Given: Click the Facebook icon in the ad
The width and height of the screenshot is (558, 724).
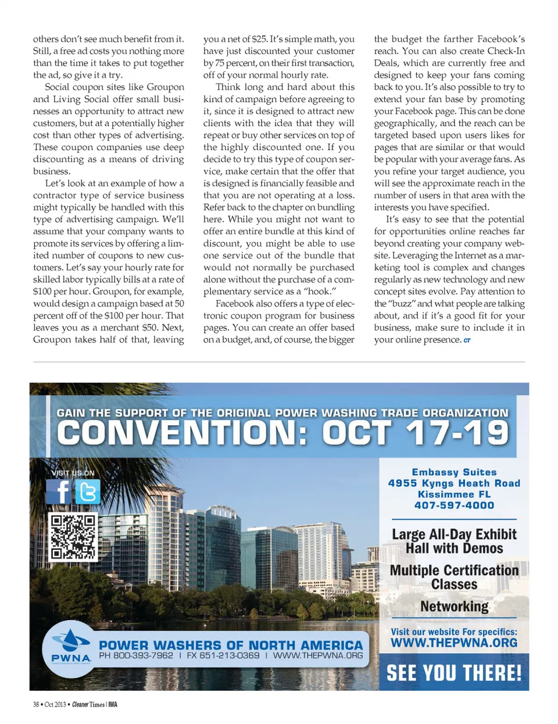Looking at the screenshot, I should (59, 492).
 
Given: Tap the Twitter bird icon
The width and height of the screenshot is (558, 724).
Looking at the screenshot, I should (87, 492).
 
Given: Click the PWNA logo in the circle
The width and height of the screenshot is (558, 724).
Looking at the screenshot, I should (71, 647).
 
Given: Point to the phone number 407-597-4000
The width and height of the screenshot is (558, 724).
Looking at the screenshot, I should (454, 505).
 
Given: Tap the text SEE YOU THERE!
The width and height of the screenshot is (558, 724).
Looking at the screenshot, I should (454, 673).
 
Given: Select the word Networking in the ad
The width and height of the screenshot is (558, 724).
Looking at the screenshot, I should (454, 607).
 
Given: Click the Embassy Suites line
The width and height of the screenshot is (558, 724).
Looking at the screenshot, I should (454, 472).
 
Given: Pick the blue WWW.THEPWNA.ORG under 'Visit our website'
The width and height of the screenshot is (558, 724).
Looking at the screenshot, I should (454, 643).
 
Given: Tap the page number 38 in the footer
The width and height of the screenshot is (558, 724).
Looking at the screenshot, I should (36, 705).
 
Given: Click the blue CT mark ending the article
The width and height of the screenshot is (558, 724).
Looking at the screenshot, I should (467, 340).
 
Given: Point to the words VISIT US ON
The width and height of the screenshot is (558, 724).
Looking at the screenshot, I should (73, 473).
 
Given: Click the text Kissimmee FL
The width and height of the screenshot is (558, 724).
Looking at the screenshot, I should (454, 494).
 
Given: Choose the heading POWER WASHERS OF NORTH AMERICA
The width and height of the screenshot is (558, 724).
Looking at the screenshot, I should (231, 645).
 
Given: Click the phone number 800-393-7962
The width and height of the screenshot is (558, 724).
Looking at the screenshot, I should (136, 655).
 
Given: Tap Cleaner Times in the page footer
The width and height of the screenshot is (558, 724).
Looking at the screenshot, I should (88, 705).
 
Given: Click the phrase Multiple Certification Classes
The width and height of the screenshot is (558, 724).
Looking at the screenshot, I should (454, 577).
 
